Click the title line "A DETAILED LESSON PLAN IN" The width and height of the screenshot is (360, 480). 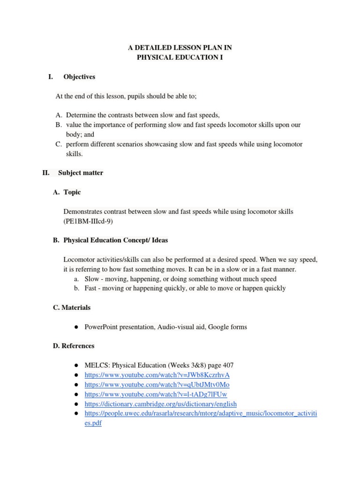[x=180, y=48]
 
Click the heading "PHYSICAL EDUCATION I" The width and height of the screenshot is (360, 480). [x=180, y=57]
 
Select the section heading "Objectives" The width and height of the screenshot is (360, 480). [x=79, y=76]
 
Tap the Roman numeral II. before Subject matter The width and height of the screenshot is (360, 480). [x=46, y=172]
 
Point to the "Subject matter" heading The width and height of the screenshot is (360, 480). [x=81, y=172]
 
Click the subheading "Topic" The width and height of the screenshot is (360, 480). [x=72, y=192]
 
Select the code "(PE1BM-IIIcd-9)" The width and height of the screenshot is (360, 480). [x=88, y=221]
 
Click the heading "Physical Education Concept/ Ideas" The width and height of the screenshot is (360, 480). [x=115, y=240]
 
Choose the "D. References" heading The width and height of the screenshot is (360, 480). [x=74, y=346]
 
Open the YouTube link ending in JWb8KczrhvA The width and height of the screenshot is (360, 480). [x=157, y=375]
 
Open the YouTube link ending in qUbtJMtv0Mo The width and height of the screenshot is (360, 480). [x=157, y=384]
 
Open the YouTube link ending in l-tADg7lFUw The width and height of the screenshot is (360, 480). [x=156, y=394]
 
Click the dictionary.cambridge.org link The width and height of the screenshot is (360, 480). [x=160, y=404]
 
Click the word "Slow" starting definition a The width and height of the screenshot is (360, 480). [x=91, y=278]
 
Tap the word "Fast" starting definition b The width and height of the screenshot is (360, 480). [x=91, y=288]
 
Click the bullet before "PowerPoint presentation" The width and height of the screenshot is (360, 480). [x=75, y=327]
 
